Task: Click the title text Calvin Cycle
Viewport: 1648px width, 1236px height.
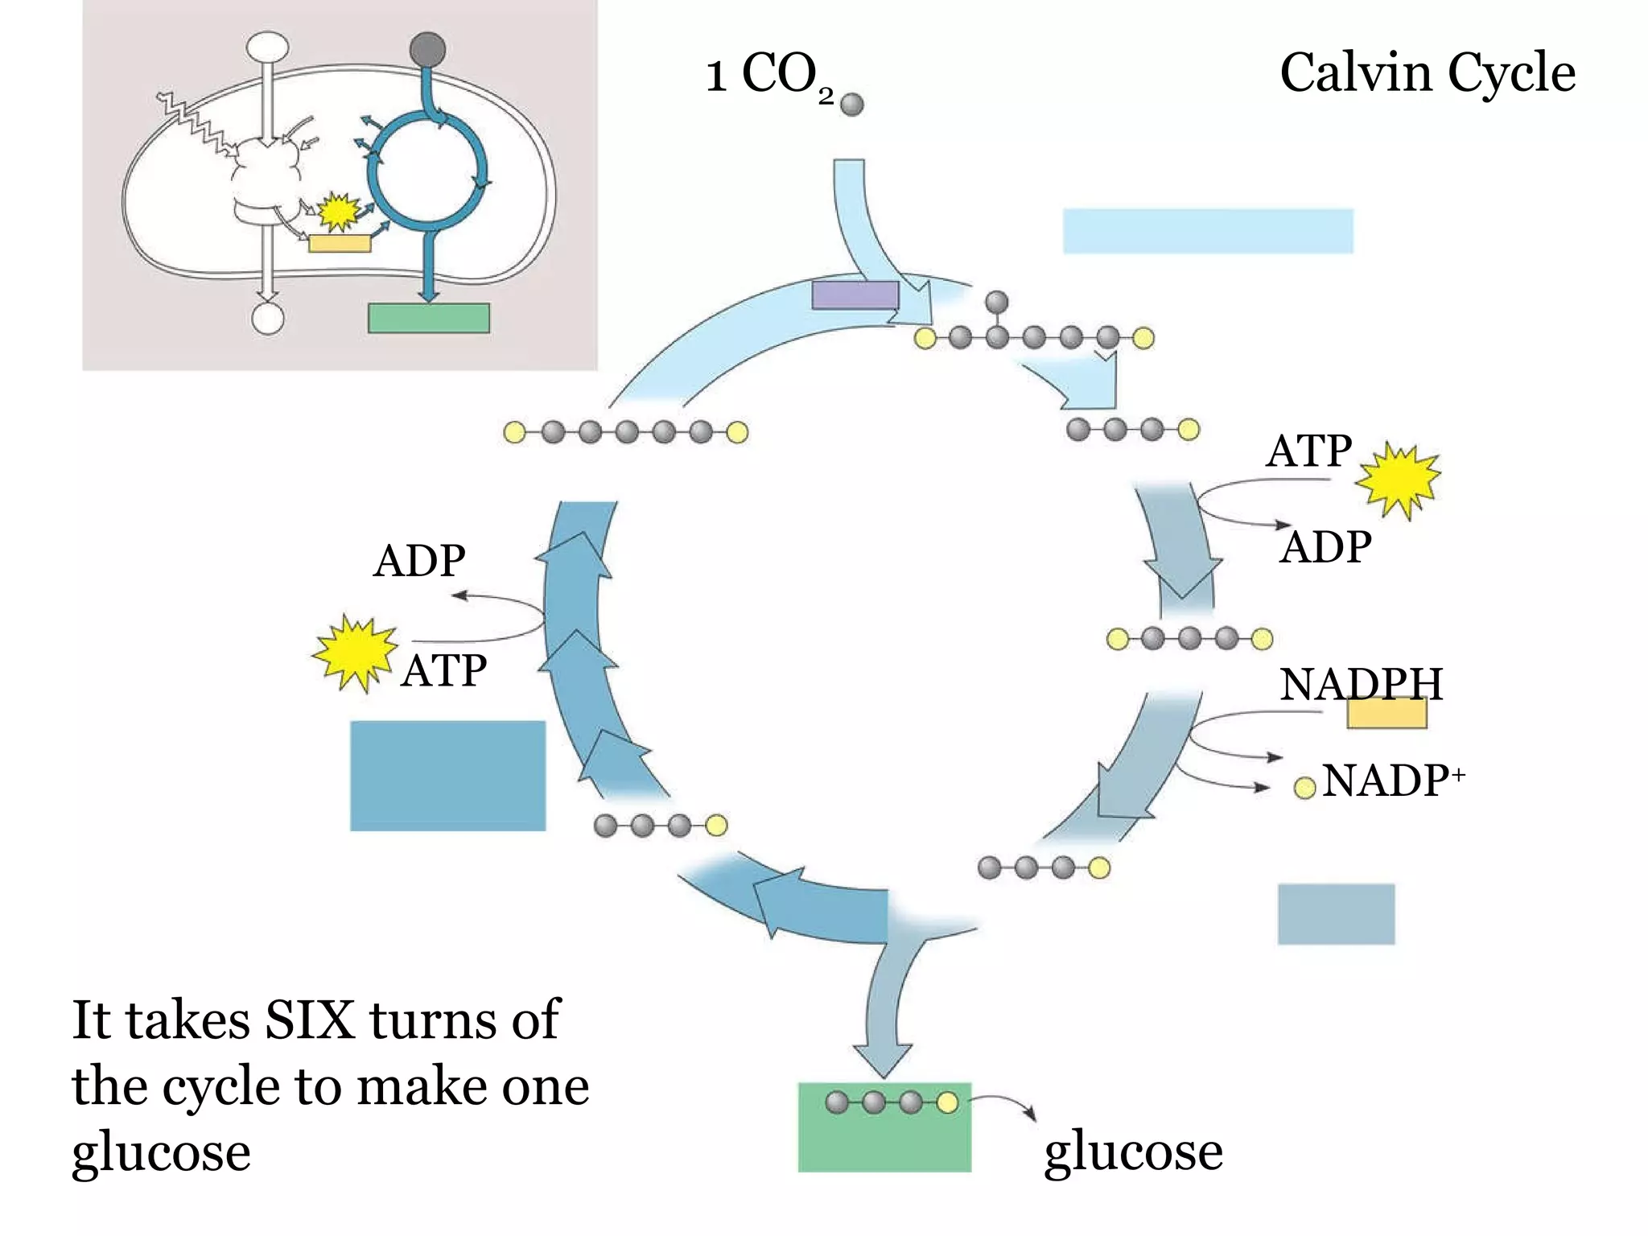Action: tap(1427, 72)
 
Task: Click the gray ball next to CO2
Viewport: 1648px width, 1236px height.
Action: tap(851, 104)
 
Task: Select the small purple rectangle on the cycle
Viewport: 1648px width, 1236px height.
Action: tap(855, 295)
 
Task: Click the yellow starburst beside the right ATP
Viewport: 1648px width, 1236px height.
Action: tap(1399, 480)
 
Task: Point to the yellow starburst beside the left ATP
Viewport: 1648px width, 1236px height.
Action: tap(355, 653)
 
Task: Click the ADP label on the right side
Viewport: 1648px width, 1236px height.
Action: tap(1325, 548)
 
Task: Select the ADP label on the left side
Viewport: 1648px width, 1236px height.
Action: tap(419, 561)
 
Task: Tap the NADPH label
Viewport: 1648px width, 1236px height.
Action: tap(1361, 685)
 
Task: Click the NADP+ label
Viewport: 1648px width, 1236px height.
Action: tap(1393, 781)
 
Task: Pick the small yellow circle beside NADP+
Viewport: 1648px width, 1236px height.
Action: tap(1304, 788)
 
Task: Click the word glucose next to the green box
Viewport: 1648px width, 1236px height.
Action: tap(1133, 1152)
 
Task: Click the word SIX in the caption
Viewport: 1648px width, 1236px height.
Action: tap(310, 1020)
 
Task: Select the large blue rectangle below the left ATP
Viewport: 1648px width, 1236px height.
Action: tap(447, 776)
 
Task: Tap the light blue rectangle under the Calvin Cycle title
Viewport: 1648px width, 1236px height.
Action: tap(1208, 231)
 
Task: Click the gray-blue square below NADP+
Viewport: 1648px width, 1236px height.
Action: tap(1336, 914)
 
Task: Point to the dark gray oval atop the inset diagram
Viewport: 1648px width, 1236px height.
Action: tap(427, 48)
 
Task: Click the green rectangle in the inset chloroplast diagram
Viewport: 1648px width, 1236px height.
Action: tap(428, 318)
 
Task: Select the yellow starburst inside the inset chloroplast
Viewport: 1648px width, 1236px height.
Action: tap(338, 212)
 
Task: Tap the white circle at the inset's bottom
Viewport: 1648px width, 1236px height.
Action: tap(268, 318)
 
